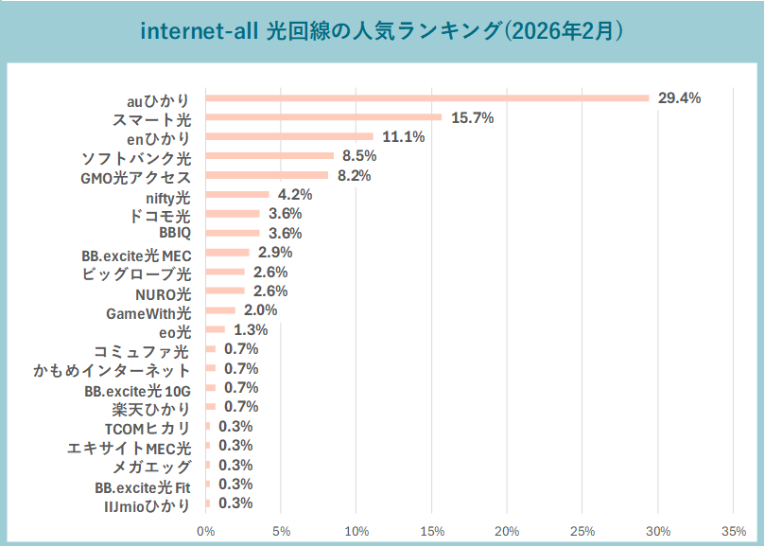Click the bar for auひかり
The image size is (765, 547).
coord(427,98)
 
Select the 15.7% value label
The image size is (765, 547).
coord(473,117)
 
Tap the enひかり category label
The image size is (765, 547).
coord(158,137)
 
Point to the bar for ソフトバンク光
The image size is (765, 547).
coord(269,156)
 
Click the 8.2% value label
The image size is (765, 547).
coord(354,175)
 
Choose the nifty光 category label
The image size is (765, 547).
coord(168,196)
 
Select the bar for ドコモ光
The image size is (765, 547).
coord(233,214)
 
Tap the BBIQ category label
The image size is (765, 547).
coord(175,234)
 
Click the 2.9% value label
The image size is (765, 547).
coord(275,253)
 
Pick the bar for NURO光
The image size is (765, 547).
coord(225,291)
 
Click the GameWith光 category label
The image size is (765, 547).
coord(148,311)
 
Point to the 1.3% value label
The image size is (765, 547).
coord(251,330)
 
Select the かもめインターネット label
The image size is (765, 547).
coord(112,369)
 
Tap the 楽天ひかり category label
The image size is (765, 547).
coord(151,408)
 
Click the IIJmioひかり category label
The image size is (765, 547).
coord(147,504)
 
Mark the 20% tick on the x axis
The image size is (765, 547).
coord(507,530)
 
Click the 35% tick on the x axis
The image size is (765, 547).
coord(734,530)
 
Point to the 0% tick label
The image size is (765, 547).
coord(205,530)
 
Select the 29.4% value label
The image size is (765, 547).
coord(679,98)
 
